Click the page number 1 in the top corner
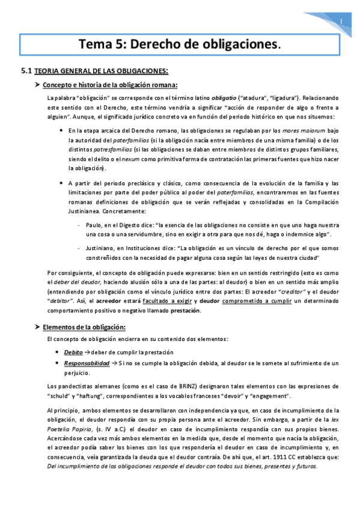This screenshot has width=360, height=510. click(340, 23)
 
